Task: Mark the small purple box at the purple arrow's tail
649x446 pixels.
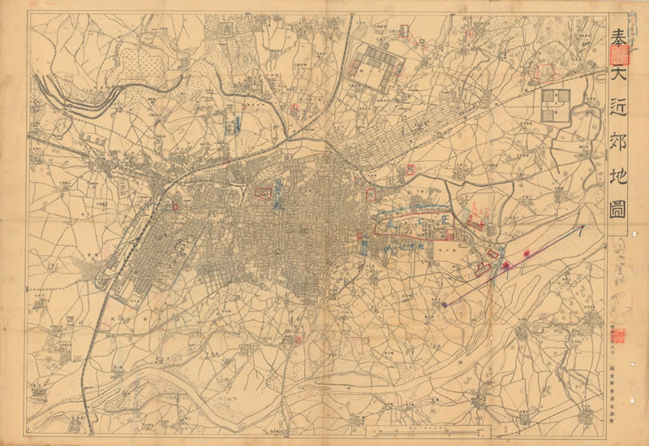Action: [x=445, y=304]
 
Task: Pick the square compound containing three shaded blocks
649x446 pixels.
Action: [x=556, y=106]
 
